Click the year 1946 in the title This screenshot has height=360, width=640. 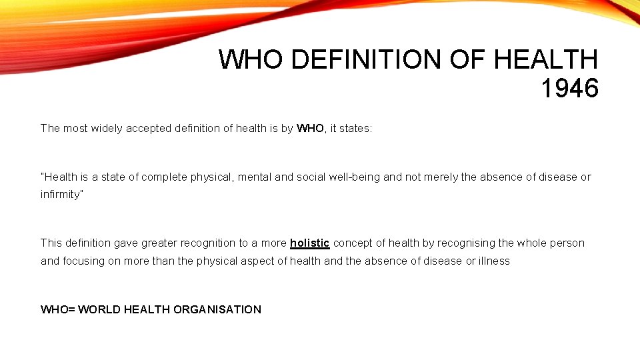tap(569, 88)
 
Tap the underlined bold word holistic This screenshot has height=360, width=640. tap(310, 243)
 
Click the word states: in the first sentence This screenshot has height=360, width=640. tap(356, 128)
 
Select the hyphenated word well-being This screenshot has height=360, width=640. tap(355, 177)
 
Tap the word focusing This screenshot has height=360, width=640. tap(83, 261)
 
